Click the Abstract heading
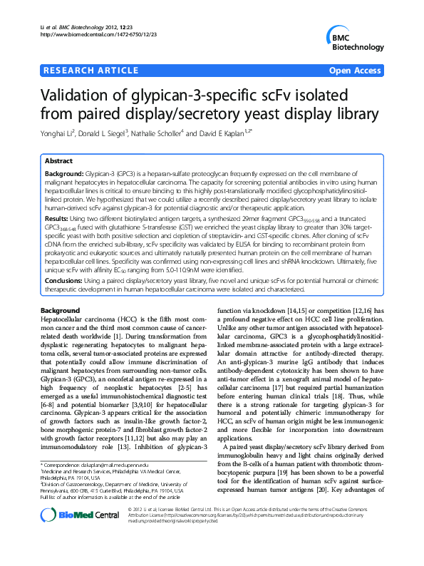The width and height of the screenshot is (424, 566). [58, 162]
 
